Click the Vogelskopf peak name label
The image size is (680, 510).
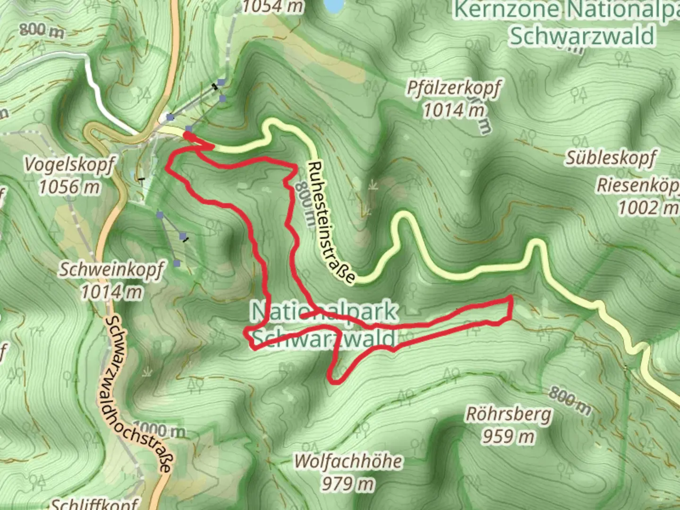pyautogui.click(x=69, y=165)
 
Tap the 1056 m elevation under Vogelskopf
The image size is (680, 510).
pyautogui.click(x=69, y=187)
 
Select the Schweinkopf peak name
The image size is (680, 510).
pyautogui.click(x=111, y=270)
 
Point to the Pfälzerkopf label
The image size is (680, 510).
pyautogui.click(x=453, y=88)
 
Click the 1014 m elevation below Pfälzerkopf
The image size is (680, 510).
pyautogui.click(x=453, y=110)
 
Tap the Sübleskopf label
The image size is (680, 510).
pyautogui.click(x=611, y=158)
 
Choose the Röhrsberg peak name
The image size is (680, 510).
pyautogui.click(x=509, y=414)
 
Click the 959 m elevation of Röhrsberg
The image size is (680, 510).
pyautogui.click(x=509, y=436)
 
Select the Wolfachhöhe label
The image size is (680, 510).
pyautogui.click(x=348, y=461)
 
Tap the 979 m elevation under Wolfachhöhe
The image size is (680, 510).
pyautogui.click(x=348, y=483)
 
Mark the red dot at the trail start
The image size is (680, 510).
pyautogui.click(x=188, y=136)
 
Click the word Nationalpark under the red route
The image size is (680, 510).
pyautogui.click(x=325, y=312)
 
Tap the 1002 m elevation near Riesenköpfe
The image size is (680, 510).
pyautogui.click(x=647, y=207)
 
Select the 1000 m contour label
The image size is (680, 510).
pyautogui.click(x=160, y=430)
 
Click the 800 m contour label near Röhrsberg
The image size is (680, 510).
pyautogui.click(x=570, y=401)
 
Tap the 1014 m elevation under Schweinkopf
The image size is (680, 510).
pyautogui.click(x=111, y=292)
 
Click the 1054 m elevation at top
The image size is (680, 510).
pyautogui.click(x=273, y=7)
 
